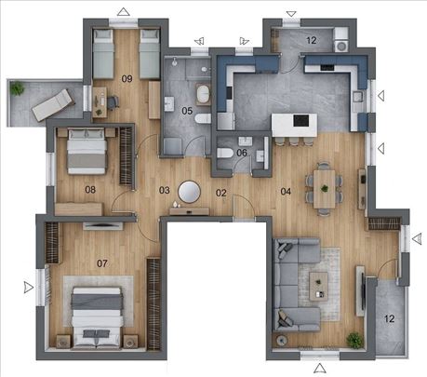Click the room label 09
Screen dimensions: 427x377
[x=127, y=79]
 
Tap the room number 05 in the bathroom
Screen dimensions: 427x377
[x=187, y=111]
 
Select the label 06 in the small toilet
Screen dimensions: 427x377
[x=242, y=153]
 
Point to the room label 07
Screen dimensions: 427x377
[x=102, y=263]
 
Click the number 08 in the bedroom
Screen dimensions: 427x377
[x=90, y=190]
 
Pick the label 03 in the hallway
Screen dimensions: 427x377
[x=165, y=190]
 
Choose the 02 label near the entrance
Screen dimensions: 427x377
[x=221, y=193]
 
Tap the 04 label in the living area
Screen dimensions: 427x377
[x=286, y=191]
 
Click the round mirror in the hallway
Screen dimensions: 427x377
[x=189, y=192]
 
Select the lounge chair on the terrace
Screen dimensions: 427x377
[x=53, y=105]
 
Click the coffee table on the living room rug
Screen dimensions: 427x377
[x=318, y=287]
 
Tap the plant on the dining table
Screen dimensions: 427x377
[x=325, y=188]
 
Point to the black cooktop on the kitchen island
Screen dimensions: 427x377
[x=300, y=121]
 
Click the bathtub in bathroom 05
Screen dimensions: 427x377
[x=203, y=94]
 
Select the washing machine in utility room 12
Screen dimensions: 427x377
[x=341, y=47]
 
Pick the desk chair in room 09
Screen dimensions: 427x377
[x=113, y=102]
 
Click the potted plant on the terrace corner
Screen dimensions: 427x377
[x=17, y=88]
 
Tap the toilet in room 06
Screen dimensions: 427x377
[x=225, y=153]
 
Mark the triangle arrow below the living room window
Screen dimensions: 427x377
[x=320, y=369]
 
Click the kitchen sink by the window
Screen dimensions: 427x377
[x=357, y=97]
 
